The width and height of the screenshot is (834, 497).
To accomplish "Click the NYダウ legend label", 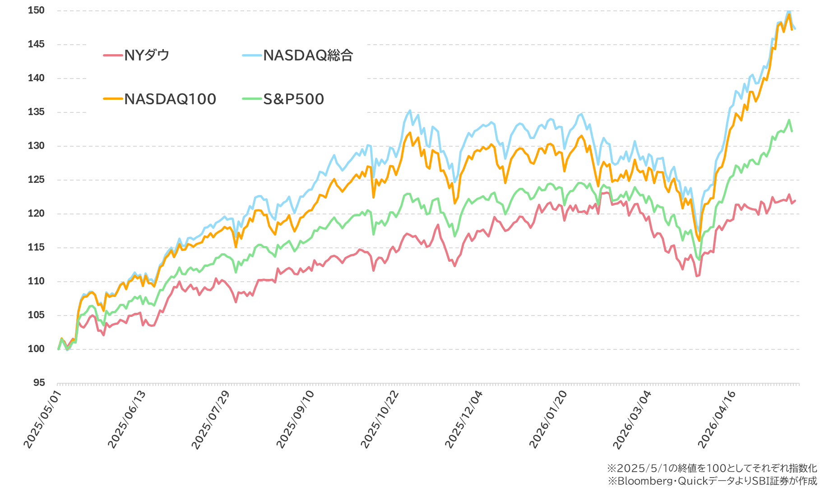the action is (147, 56).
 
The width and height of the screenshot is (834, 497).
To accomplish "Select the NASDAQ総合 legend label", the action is (308, 56).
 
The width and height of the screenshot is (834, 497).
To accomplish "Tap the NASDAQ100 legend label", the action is (170, 99).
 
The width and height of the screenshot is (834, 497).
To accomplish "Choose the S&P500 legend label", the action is (294, 99).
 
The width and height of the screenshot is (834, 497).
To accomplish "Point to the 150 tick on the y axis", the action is (36, 10).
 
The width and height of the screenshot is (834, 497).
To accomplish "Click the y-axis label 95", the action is (39, 383).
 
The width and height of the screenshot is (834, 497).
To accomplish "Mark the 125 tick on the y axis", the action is (36, 180).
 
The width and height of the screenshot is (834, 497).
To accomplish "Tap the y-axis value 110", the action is (36, 281).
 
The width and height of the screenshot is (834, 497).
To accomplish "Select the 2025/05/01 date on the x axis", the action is (42, 419).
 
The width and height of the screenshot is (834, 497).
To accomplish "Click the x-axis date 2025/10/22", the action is (380, 419).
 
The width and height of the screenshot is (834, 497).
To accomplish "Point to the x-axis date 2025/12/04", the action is (464, 419).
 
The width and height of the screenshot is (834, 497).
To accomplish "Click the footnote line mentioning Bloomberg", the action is (712, 481).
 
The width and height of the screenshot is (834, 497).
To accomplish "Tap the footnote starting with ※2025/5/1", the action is (712, 468).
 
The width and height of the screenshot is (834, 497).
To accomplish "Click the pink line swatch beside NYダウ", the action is (113, 56).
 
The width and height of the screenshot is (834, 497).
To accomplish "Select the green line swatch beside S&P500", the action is (252, 99).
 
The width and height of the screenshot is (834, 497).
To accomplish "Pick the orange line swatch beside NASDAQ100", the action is (113, 99).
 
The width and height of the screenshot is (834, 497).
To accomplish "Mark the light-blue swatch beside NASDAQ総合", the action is (252, 56).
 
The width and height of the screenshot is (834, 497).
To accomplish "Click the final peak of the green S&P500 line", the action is (789, 120).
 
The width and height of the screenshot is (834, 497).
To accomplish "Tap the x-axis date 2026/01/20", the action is (548, 419).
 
